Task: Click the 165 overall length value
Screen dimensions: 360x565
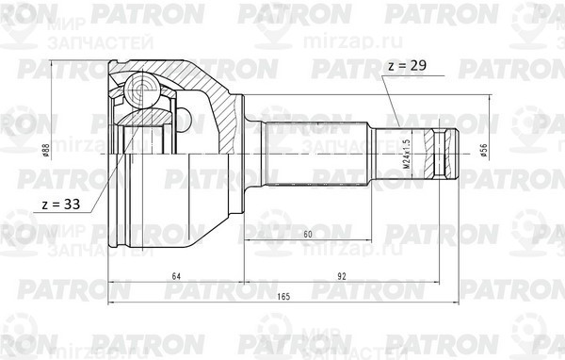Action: pos(285,298)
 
